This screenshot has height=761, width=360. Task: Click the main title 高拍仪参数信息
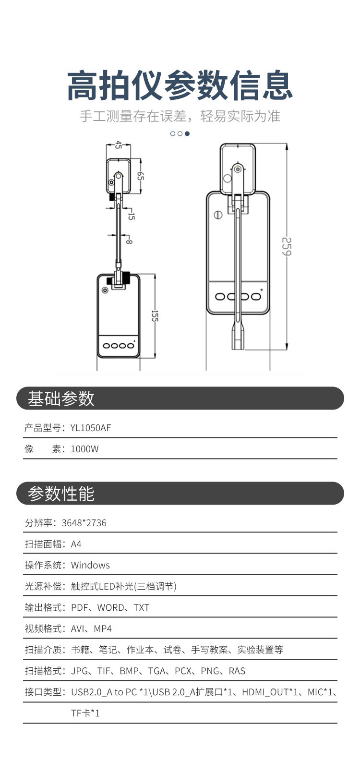180,85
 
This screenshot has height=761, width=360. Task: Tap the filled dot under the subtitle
187,133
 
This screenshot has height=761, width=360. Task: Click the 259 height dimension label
287,247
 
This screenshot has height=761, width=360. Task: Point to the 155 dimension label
155,316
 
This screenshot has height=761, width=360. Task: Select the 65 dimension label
141,176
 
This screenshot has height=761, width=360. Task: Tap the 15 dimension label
131,216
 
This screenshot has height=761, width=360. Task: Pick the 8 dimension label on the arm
129,241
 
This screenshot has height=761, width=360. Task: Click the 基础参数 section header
61,399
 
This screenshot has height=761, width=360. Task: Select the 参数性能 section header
61,494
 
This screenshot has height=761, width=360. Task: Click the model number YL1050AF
91,428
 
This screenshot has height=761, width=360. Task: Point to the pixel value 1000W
84,449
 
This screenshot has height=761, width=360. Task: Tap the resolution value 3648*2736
84,523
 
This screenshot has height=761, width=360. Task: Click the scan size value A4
76,544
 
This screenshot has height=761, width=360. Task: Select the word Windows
90,565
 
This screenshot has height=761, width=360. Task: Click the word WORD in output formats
111,607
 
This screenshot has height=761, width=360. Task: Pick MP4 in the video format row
103,628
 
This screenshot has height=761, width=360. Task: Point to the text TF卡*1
85,713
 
